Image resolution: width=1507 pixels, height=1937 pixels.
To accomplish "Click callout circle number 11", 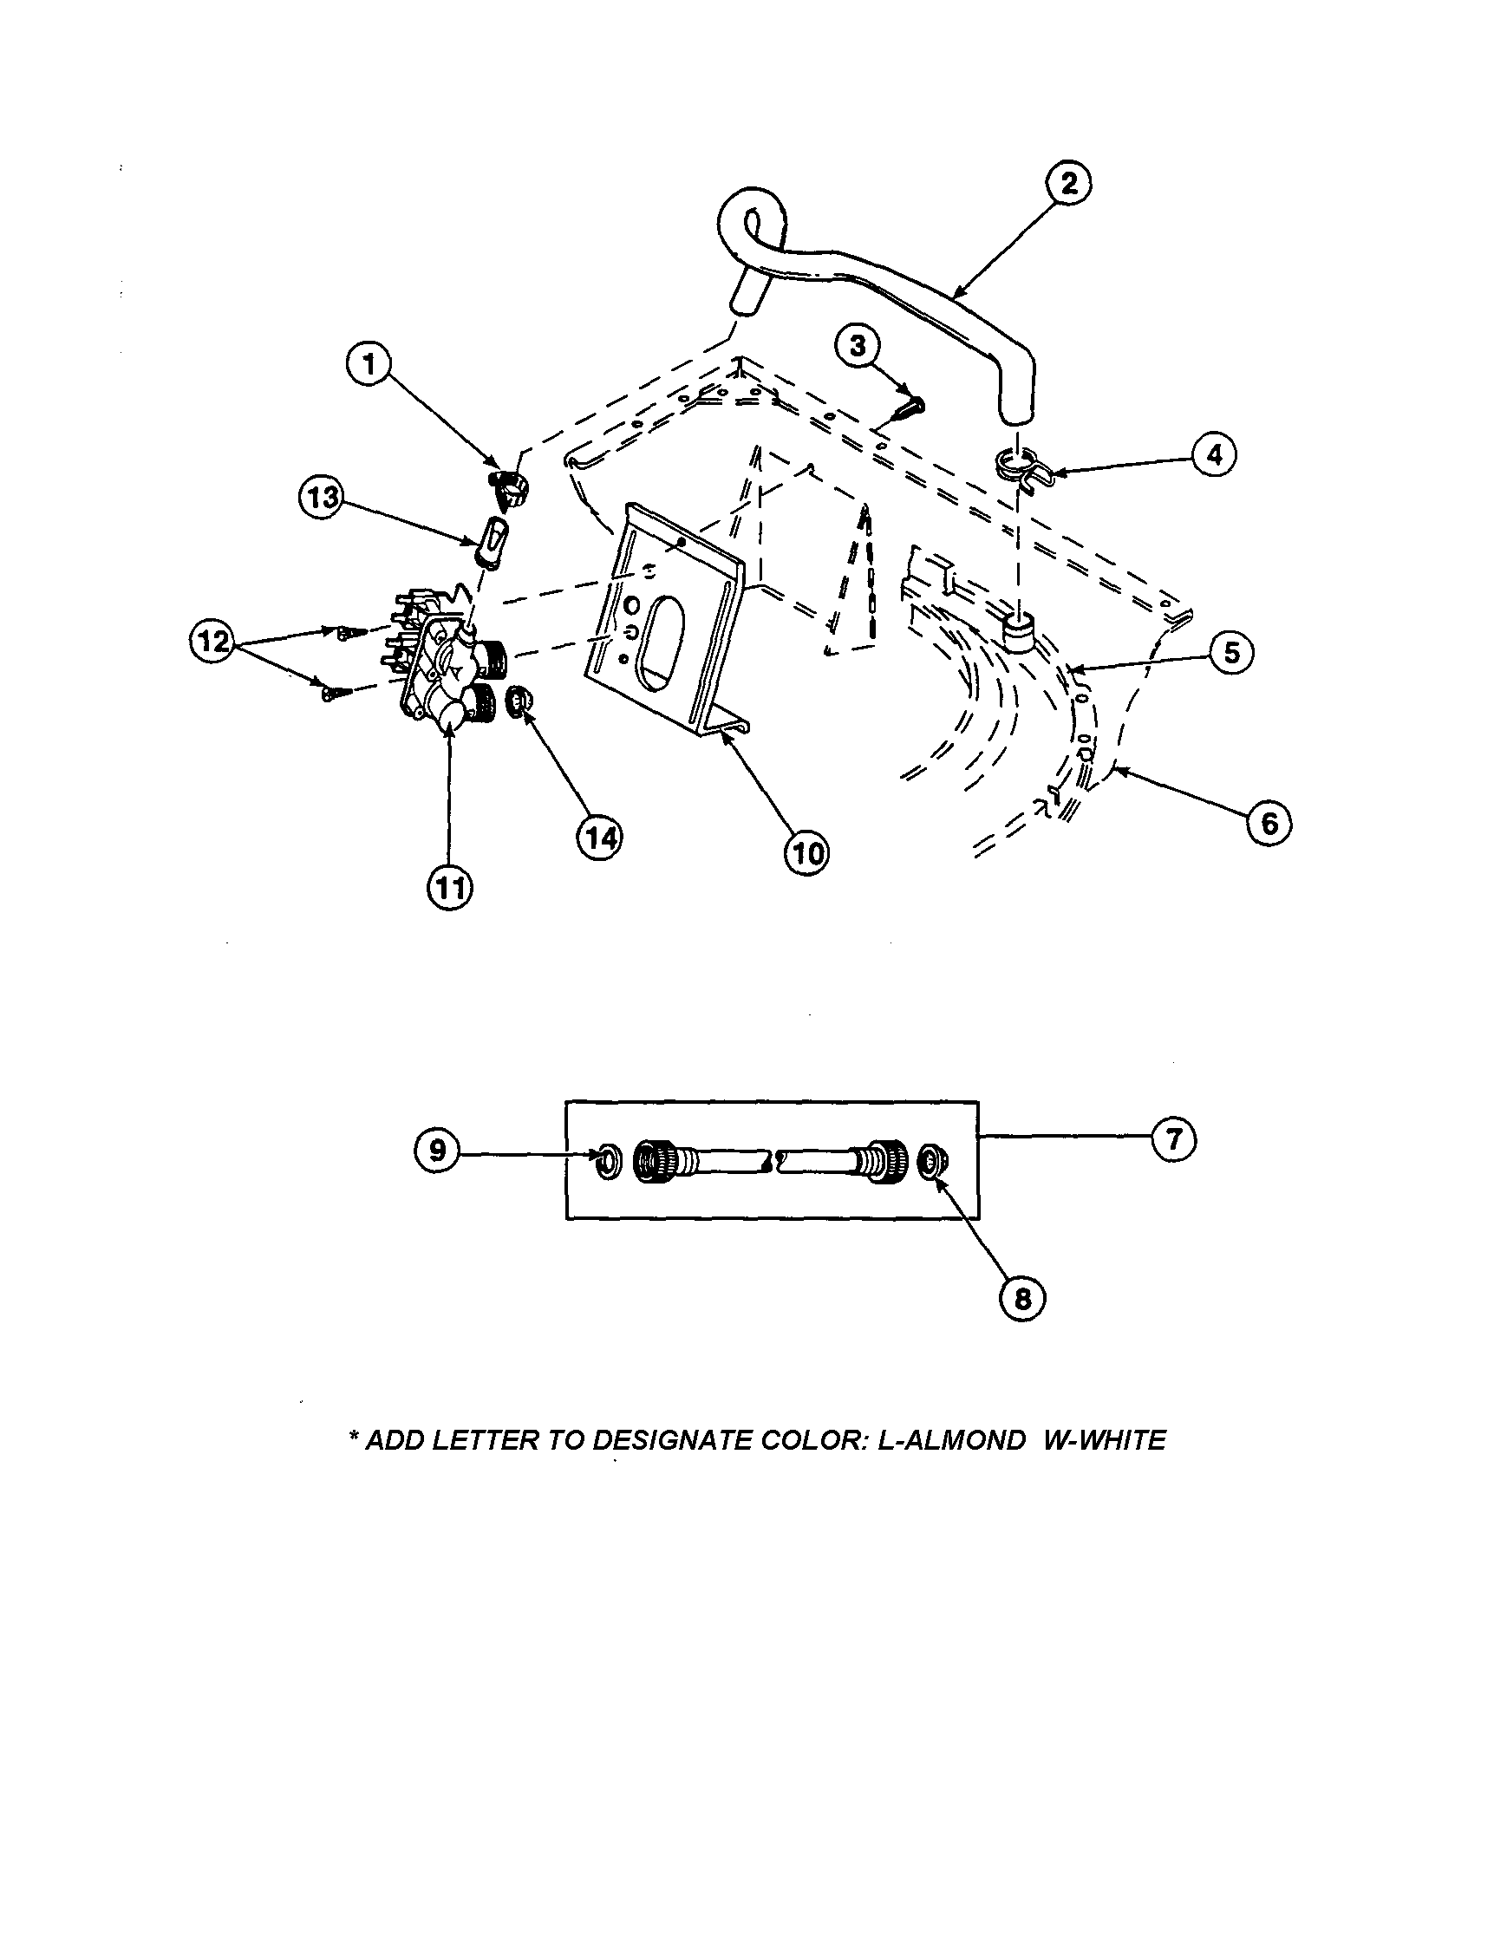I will coord(450,887).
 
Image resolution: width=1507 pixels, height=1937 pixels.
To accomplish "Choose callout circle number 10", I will coord(806,853).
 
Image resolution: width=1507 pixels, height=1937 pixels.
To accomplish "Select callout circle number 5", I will coord(1231,653).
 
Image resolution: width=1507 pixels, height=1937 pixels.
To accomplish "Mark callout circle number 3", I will coord(858,346).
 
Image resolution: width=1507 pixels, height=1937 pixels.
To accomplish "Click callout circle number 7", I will coord(1173,1138).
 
